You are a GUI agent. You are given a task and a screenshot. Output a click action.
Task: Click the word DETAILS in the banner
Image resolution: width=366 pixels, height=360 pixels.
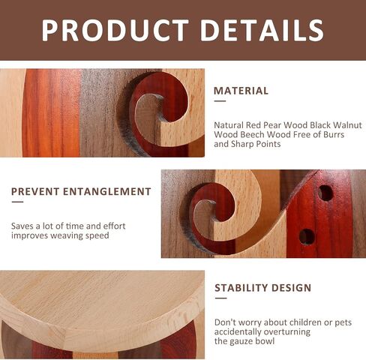pyautogui.click(x=262, y=30)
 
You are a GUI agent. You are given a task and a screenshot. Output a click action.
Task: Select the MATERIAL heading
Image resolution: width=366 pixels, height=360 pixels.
pyautogui.click(x=241, y=91)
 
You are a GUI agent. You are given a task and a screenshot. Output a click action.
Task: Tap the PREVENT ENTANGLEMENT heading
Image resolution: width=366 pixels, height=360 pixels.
pyautogui.click(x=81, y=191)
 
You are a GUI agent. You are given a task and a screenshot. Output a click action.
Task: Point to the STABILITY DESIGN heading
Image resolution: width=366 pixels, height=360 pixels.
pyautogui.click(x=263, y=288)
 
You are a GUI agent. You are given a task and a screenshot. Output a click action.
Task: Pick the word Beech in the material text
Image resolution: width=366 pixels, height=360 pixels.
pyautogui.click(x=251, y=134)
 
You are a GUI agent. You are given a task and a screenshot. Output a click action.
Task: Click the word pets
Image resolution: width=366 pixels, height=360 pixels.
pyautogui.click(x=343, y=322)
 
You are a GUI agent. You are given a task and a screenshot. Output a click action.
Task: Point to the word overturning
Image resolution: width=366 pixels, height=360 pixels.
pyautogui.click(x=286, y=332)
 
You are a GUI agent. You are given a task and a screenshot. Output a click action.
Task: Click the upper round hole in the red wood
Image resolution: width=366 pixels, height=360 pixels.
pyautogui.click(x=325, y=193)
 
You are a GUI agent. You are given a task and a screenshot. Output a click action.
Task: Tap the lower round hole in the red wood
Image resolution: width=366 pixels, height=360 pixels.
pyautogui.click(x=307, y=236)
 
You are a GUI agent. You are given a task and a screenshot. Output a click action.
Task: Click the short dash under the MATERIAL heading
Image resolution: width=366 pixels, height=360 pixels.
pyautogui.click(x=220, y=101)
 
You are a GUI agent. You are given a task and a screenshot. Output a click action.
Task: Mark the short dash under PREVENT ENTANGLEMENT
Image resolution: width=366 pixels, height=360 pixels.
pyautogui.click(x=17, y=202)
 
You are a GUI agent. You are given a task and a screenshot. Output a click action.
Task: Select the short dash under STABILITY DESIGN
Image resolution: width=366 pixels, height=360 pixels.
pyautogui.click(x=220, y=298)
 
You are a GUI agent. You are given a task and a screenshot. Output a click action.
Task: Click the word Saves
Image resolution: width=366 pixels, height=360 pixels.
pyautogui.click(x=22, y=226)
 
